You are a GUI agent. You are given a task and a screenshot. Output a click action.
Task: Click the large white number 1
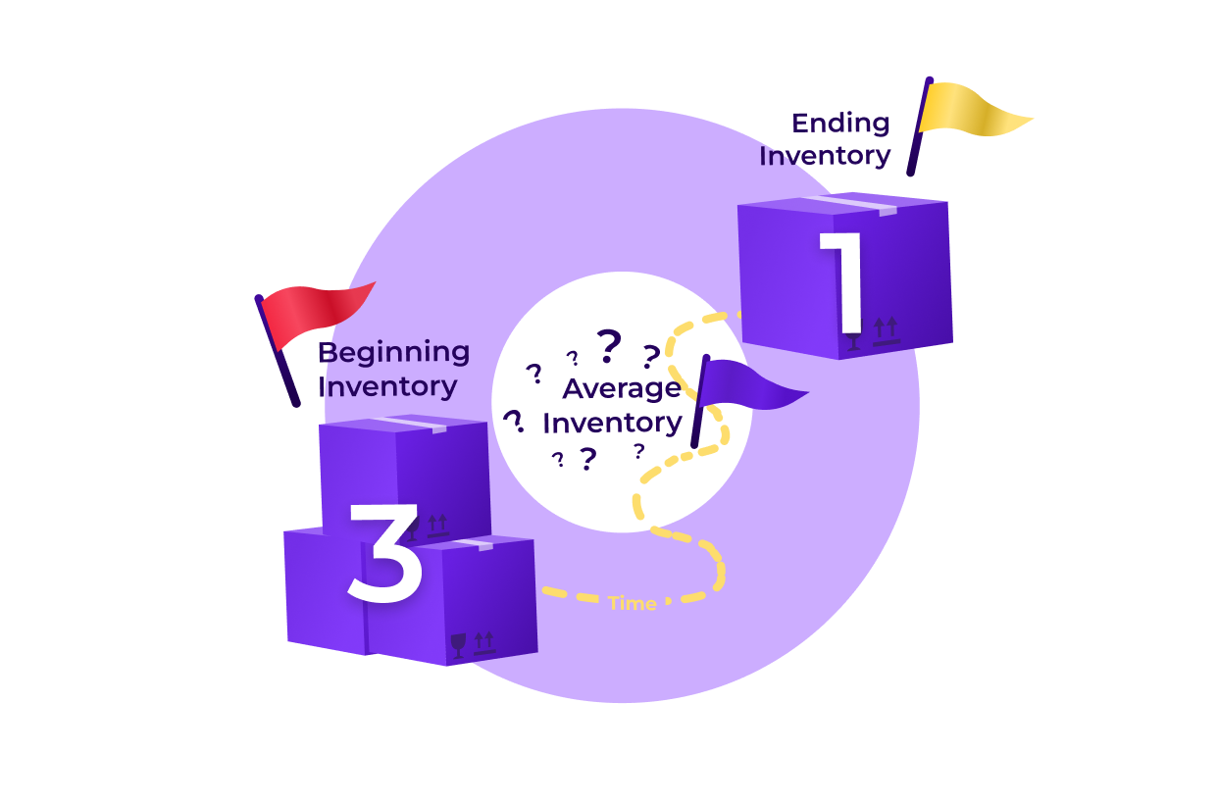coord(845,282)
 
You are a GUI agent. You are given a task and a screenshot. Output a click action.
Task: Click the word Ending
coord(840,124)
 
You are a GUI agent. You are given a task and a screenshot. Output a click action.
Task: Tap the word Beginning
coord(394,351)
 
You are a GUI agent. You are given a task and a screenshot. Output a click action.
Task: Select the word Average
coord(621,388)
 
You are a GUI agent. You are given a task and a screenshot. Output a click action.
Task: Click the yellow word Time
coord(632,603)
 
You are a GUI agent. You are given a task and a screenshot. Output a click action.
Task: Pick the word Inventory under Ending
coord(825,156)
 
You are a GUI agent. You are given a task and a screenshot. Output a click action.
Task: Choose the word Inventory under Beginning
coord(388,386)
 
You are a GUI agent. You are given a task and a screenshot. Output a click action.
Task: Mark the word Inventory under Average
coord(612,423)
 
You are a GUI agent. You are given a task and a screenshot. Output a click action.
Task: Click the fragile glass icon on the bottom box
coord(458,644)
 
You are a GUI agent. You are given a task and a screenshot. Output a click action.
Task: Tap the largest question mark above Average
coord(610,344)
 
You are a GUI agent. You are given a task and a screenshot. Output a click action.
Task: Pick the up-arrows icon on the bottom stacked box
coord(484,642)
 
